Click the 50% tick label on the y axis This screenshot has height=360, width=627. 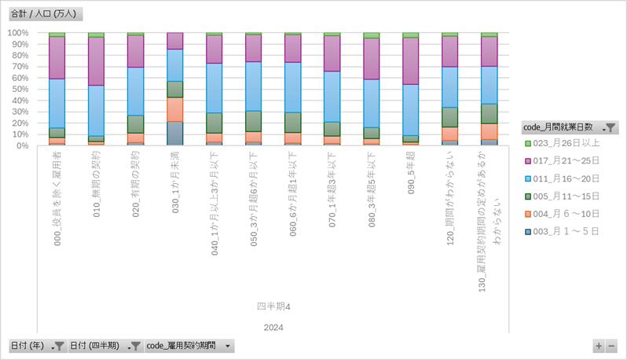click(x=20, y=90)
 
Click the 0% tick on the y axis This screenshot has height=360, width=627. click(x=22, y=145)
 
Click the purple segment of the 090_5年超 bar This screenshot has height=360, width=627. click(x=410, y=61)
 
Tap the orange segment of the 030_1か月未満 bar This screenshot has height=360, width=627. click(x=174, y=109)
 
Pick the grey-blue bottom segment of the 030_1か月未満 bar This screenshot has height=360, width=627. click(x=174, y=134)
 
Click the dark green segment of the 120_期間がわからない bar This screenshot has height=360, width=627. click(x=449, y=117)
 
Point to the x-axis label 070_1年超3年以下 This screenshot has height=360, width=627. click(x=332, y=189)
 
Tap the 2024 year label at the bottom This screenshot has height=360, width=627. click(x=273, y=327)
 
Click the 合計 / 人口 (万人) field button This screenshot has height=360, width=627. click(x=46, y=14)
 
